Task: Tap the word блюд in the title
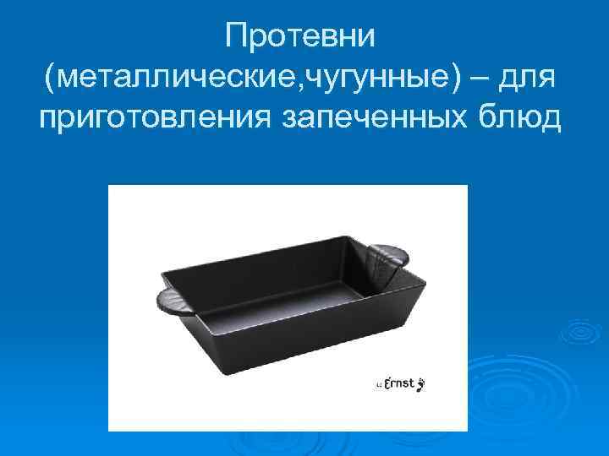pos(522,117)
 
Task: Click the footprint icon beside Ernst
pos(421,385)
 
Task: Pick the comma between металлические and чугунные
pos(298,88)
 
